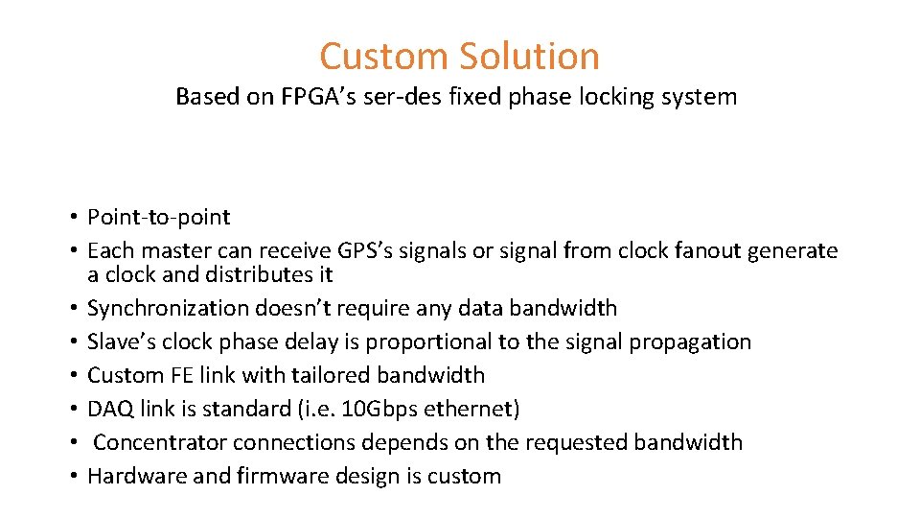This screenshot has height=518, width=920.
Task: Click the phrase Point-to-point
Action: tap(158, 218)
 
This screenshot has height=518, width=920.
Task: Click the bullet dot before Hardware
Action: tap(73, 476)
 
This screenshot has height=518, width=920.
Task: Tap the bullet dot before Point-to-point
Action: tap(73, 218)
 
